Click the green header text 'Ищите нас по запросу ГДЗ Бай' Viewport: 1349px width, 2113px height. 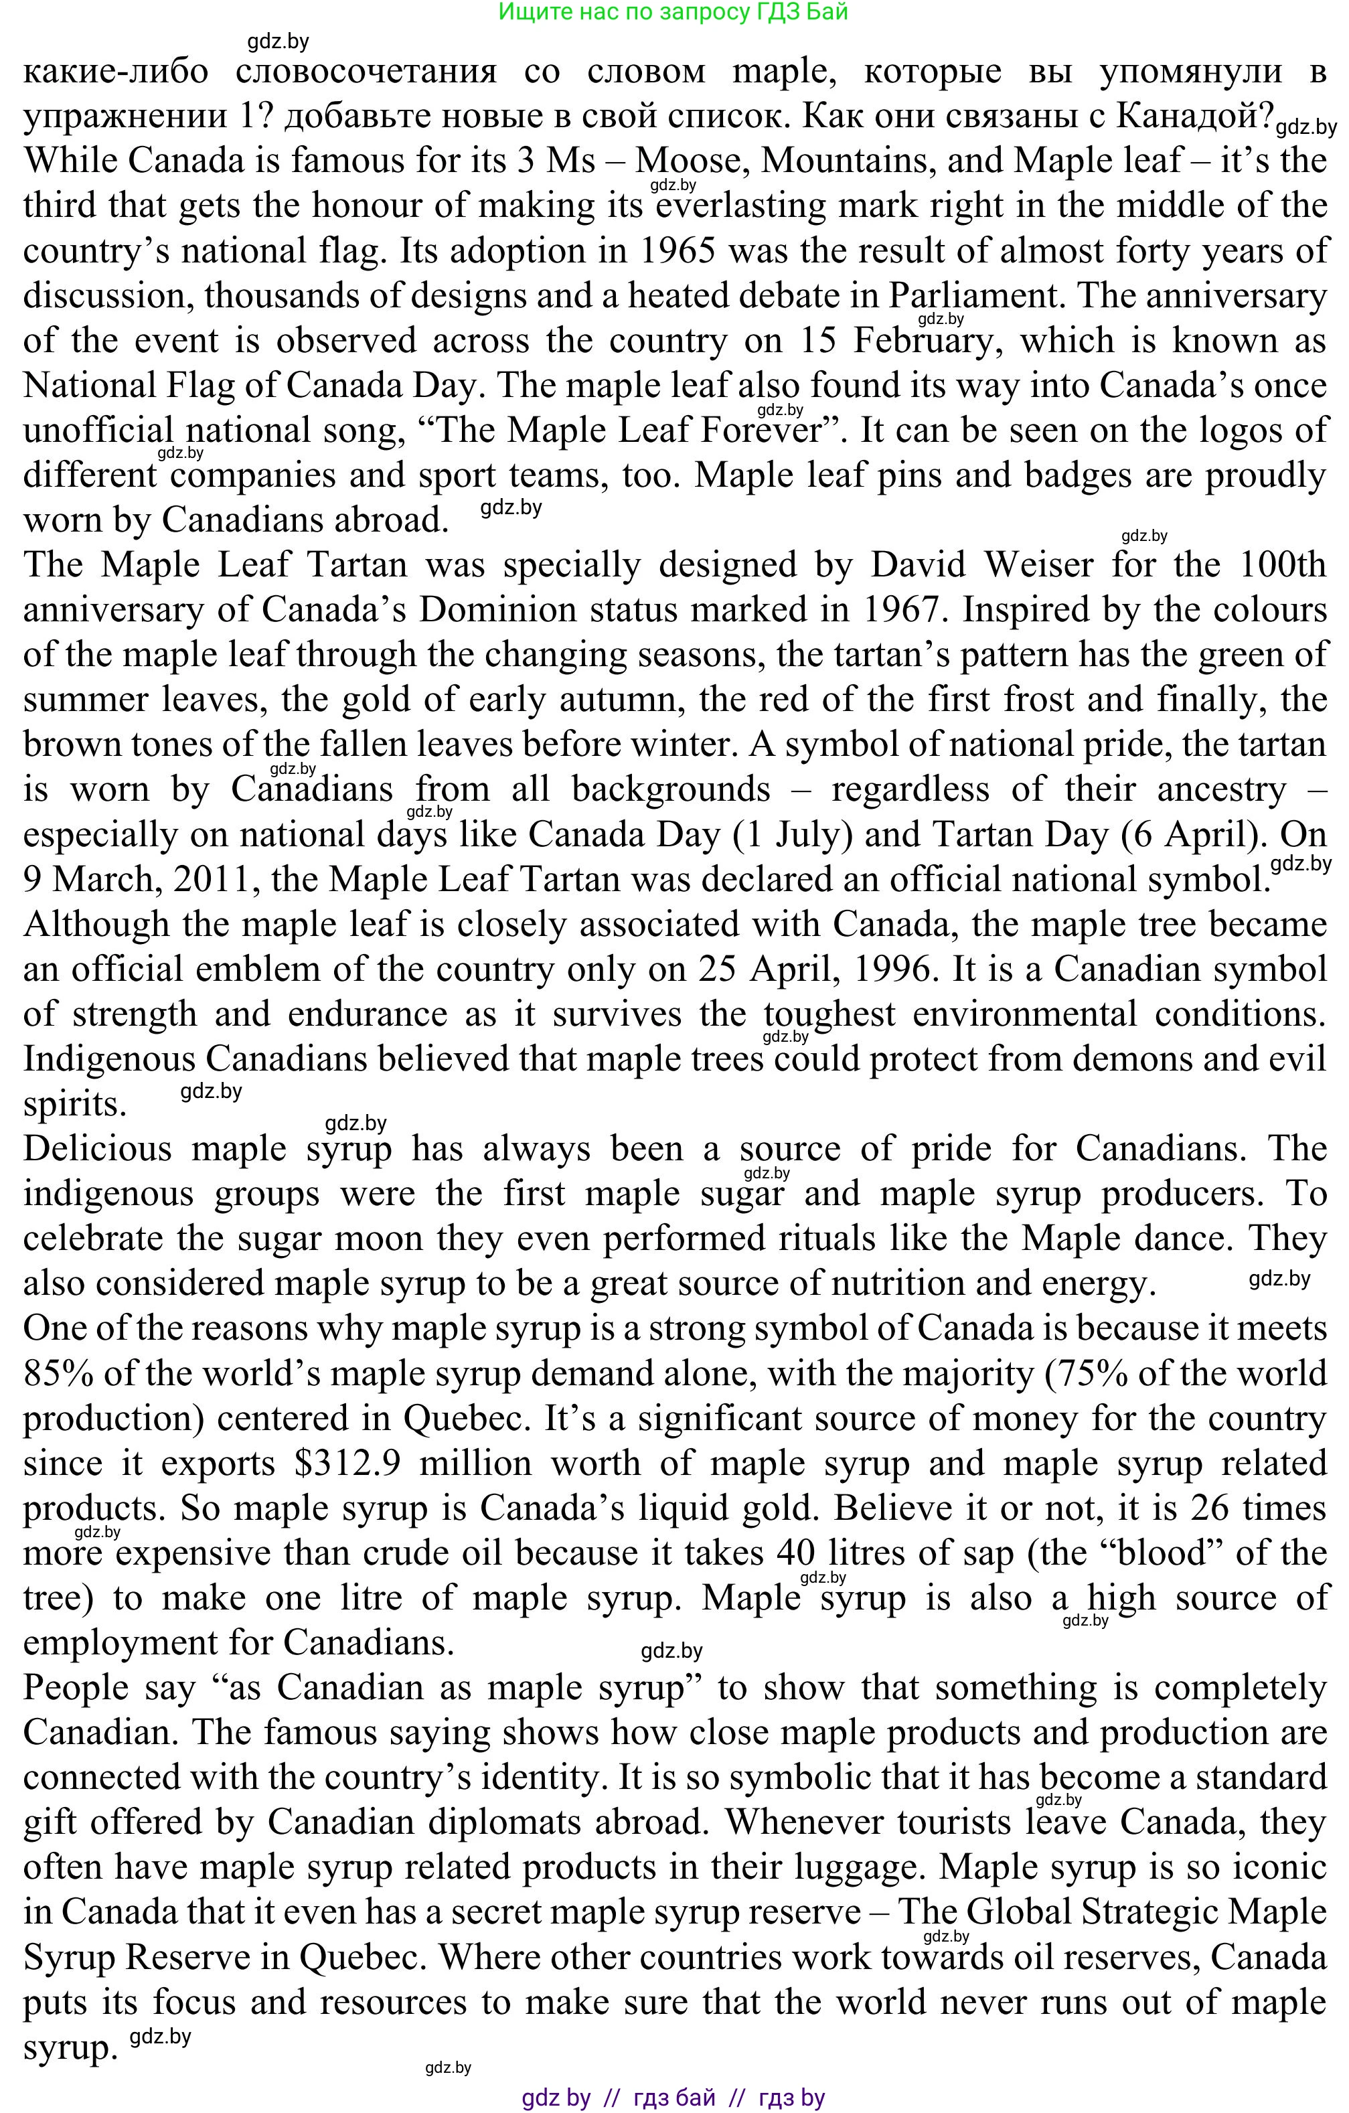673,12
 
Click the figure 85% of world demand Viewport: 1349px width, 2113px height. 58,1374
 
